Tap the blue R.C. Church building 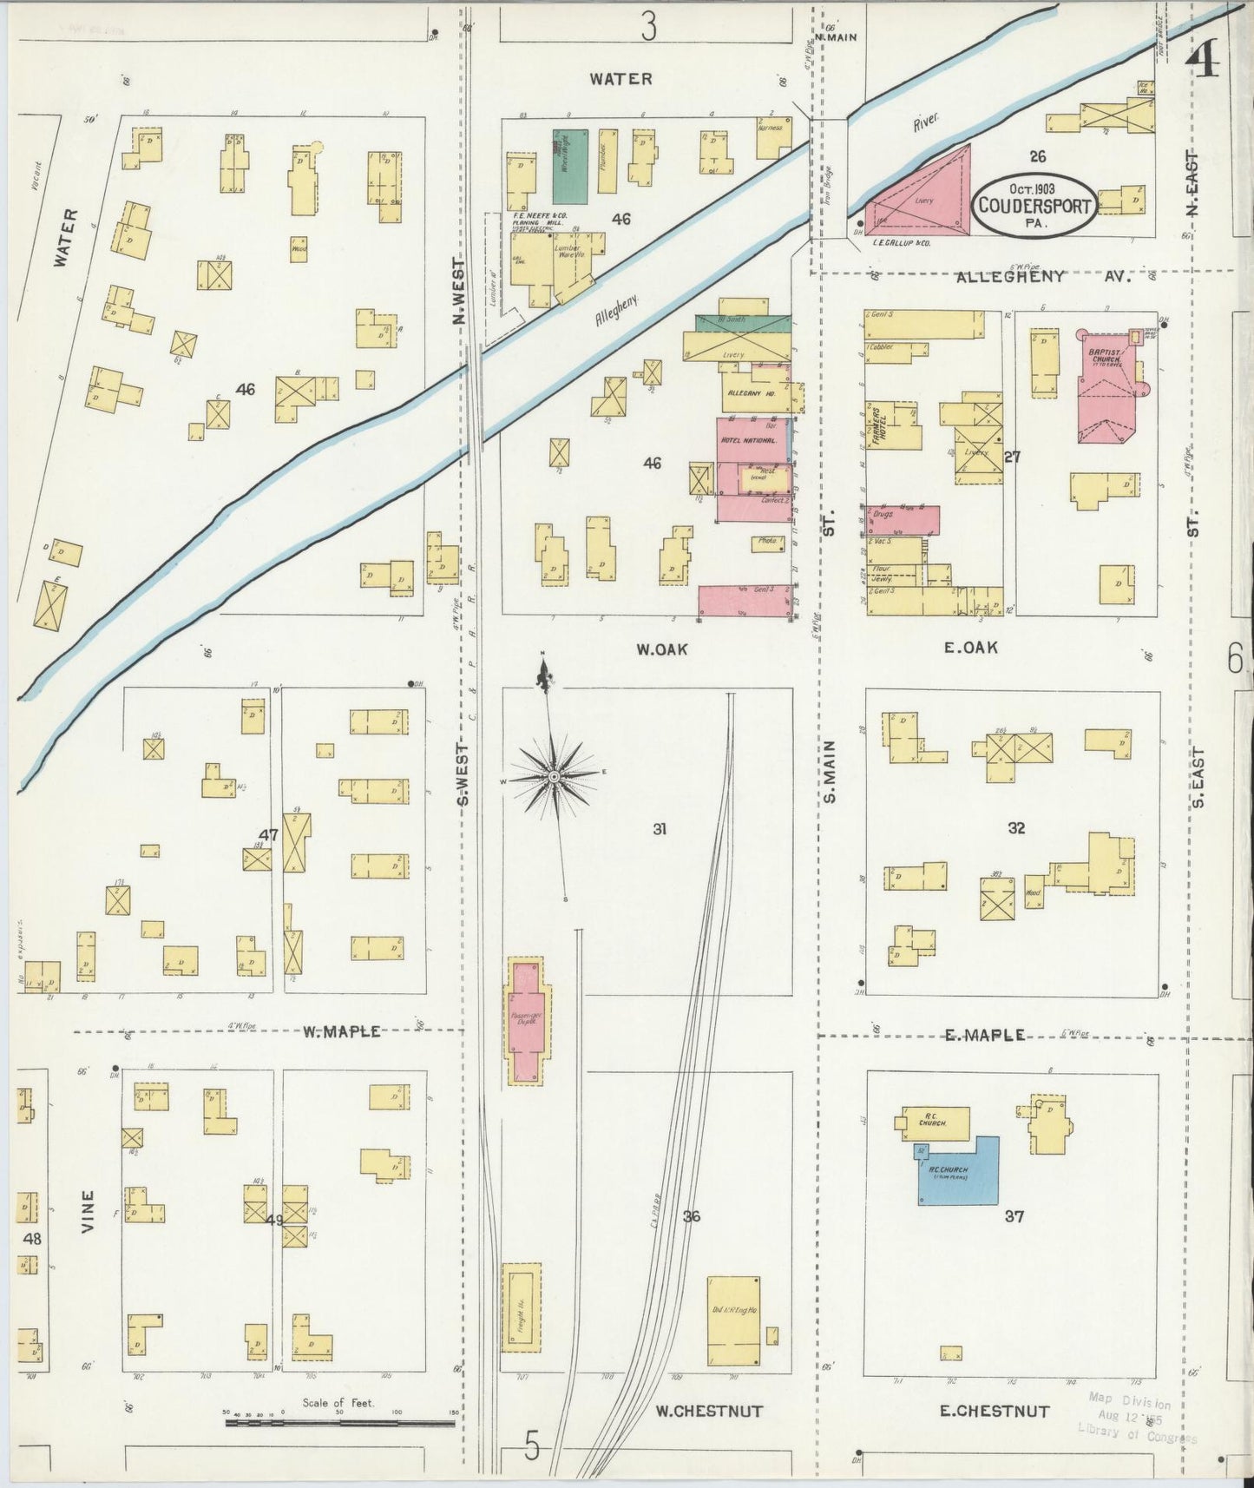point(959,1172)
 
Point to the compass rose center point(554,774)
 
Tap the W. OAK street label point(661,648)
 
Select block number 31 point(660,829)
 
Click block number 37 point(1014,1217)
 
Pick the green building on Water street point(570,167)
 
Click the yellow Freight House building point(521,1307)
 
